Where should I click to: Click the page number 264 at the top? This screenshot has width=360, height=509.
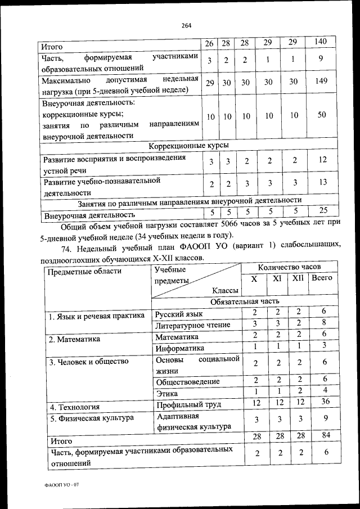[187, 24]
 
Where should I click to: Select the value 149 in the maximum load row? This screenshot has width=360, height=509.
[321, 82]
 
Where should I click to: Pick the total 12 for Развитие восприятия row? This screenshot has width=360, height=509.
[322, 160]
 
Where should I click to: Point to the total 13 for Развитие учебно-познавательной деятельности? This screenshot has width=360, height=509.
[322, 183]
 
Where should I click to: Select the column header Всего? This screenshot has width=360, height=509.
[322, 278]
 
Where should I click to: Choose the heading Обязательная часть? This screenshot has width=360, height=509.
[245, 301]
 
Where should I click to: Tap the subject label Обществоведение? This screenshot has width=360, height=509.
[187, 382]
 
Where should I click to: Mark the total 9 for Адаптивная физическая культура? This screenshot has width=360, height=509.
[325, 420]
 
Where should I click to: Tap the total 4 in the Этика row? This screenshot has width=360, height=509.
[325, 391]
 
